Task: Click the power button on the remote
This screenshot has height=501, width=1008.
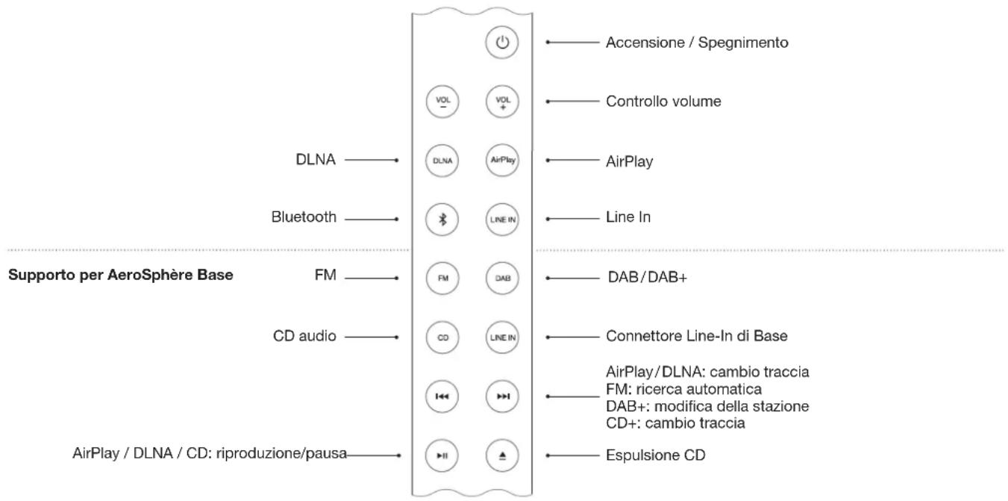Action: [x=501, y=42]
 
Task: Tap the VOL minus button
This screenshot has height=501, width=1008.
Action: [x=442, y=101]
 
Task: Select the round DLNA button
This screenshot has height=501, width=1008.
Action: [x=442, y=160]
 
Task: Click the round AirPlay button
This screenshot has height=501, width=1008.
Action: [x=501, y=160]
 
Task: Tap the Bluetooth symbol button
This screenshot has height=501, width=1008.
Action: [x=442, y=219]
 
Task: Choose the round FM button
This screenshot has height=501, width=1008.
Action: [x=442, y=278]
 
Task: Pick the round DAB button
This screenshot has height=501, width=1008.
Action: [x=501, y=278]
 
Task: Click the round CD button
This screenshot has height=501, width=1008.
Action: [x=442, y=337]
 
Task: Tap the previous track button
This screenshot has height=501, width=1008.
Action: [x=442, y=396]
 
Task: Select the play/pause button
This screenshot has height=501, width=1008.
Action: [x=442, y=455]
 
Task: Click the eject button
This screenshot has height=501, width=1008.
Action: [x=501, y=455]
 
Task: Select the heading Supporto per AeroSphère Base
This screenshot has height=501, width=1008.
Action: [x=121, y=275]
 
